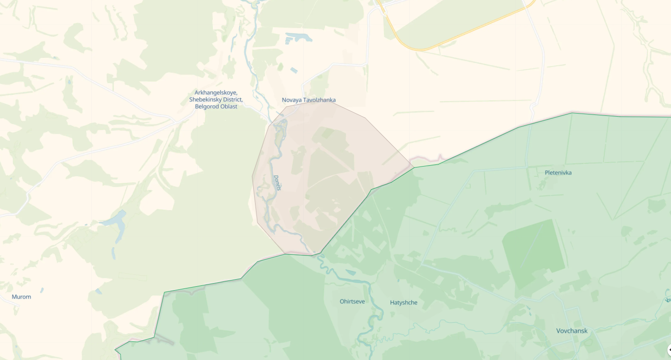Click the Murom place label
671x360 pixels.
(21, 297)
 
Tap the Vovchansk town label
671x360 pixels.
(572, 331)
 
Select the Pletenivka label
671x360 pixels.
(558, 173)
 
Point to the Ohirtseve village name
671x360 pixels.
(352, 302)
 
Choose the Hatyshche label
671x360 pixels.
(403, 303)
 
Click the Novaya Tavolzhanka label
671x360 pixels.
(309, 100)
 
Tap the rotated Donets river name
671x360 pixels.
(277, 183)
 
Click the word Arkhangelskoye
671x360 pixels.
(216, 93)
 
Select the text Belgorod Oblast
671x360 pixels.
(216, 106)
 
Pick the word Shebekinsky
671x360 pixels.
(205, 100)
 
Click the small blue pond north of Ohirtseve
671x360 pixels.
(351, 272)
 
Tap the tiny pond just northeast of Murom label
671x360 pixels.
(42, 290)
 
